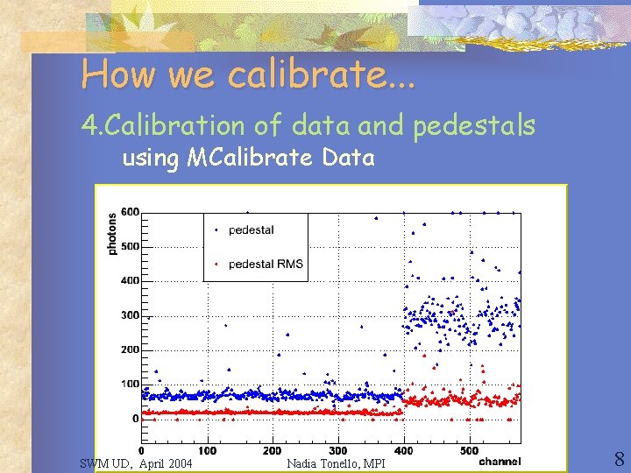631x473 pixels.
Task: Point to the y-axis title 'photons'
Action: [x=111, y=235]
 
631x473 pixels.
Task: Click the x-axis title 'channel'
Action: [x=500, y=462]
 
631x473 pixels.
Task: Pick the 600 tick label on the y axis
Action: [x=130, y=212]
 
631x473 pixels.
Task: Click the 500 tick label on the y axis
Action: [x=130, y=246]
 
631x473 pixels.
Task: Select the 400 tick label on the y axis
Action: [x=130, y=280]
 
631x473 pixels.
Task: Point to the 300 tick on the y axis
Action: [x=130, y=315]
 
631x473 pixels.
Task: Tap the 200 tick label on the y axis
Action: [x=130, y=349]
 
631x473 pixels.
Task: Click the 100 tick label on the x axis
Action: [x=207, y=451]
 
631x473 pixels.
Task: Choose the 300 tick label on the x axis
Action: [x=337, y=451]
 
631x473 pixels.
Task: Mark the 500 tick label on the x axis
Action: [x=468, y=451]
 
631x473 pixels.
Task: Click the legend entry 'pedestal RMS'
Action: [x=265, y=264]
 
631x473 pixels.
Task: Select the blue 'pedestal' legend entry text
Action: [x=251, y=229]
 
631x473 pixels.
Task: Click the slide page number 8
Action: [x=619, y=459]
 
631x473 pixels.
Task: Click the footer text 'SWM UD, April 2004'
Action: [x=136, y=462]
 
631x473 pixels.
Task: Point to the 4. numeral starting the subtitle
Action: [x=89, y=127]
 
